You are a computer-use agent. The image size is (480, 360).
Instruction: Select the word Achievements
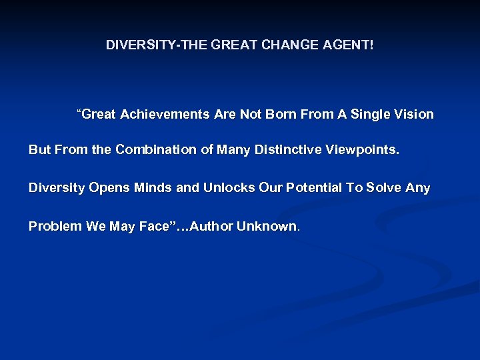(165, 115)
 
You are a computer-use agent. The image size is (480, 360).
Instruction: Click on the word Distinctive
(292, 150)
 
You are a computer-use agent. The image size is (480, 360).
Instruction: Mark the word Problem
(55, 226)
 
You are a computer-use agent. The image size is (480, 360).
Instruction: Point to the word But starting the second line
(39, 150)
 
